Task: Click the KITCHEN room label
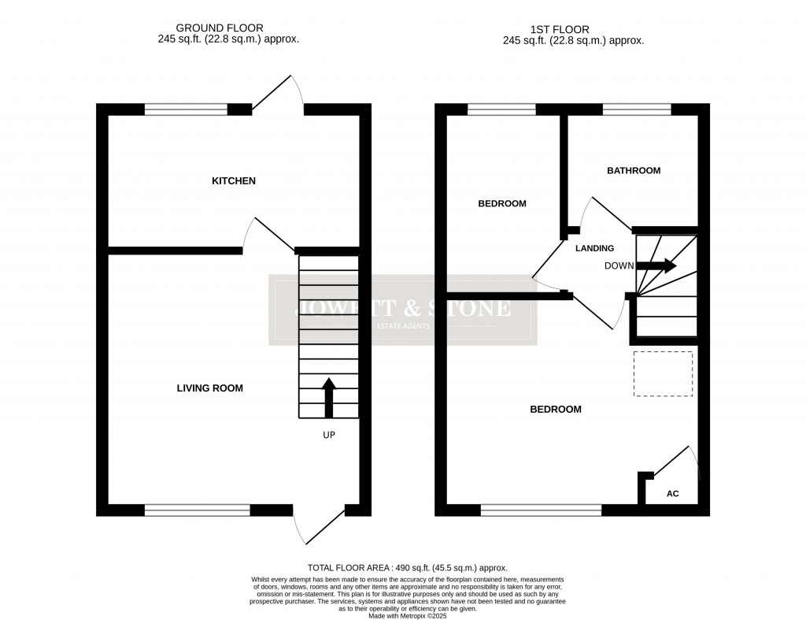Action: pos(234,181)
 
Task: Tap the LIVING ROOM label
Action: pos(210,388)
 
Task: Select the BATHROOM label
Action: pos(633,170)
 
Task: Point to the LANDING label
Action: pos(594,248)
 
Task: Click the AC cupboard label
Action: pos(672,494)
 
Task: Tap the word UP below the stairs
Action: pos(329,434)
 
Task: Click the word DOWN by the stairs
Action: pos(619,266)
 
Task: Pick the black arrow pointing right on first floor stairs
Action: pos(656,265)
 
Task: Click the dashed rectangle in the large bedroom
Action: pos(664,373)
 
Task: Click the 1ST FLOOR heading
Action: pos(573,28)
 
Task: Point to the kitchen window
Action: pos(186,110)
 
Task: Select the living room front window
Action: pos(197,510)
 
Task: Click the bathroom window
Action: pos(637,110)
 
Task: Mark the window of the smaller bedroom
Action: pos(501,110)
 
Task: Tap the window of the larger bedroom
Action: pos(541,510)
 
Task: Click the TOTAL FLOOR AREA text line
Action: pos(407,568)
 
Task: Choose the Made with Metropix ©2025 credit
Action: pos(407,614)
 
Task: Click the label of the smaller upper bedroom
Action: pos(502,204)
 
